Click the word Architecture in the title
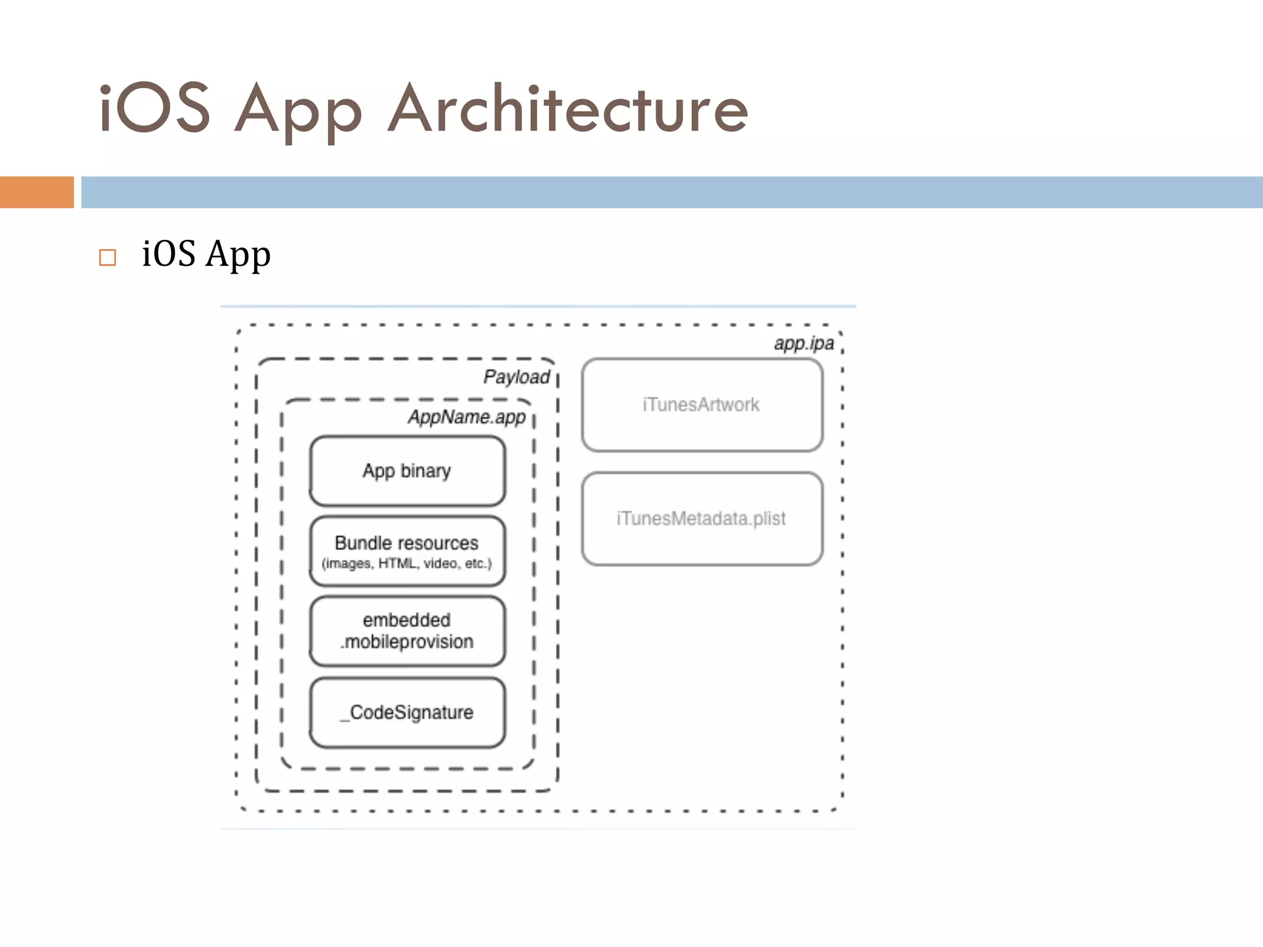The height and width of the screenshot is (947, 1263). point(567,109)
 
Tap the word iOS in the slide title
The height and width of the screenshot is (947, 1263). point(154,109)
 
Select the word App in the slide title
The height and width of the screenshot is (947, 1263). point(298,111)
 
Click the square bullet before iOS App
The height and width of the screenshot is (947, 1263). point(107,257)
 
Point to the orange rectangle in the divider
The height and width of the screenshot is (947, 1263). point(36,192)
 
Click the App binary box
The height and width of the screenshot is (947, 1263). point(407,471)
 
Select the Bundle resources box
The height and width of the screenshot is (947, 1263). point(407,551)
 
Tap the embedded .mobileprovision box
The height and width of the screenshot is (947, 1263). point(407,631)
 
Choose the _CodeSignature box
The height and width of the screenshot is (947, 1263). point(407,713)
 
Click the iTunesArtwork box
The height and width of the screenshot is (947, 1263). point(702,405)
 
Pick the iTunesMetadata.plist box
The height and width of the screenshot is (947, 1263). point(702,519)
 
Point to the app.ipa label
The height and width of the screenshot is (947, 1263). point(804,343)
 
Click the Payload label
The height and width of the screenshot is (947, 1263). point(516,377)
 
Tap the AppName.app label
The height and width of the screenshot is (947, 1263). point(466,417)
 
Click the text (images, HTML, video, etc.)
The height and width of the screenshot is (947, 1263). point(407,564)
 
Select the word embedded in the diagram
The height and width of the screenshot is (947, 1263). point(407,620)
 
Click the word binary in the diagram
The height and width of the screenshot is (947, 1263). point(426,471)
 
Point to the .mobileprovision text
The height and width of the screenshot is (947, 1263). point(407,642)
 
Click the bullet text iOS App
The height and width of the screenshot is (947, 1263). point(206,255)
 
